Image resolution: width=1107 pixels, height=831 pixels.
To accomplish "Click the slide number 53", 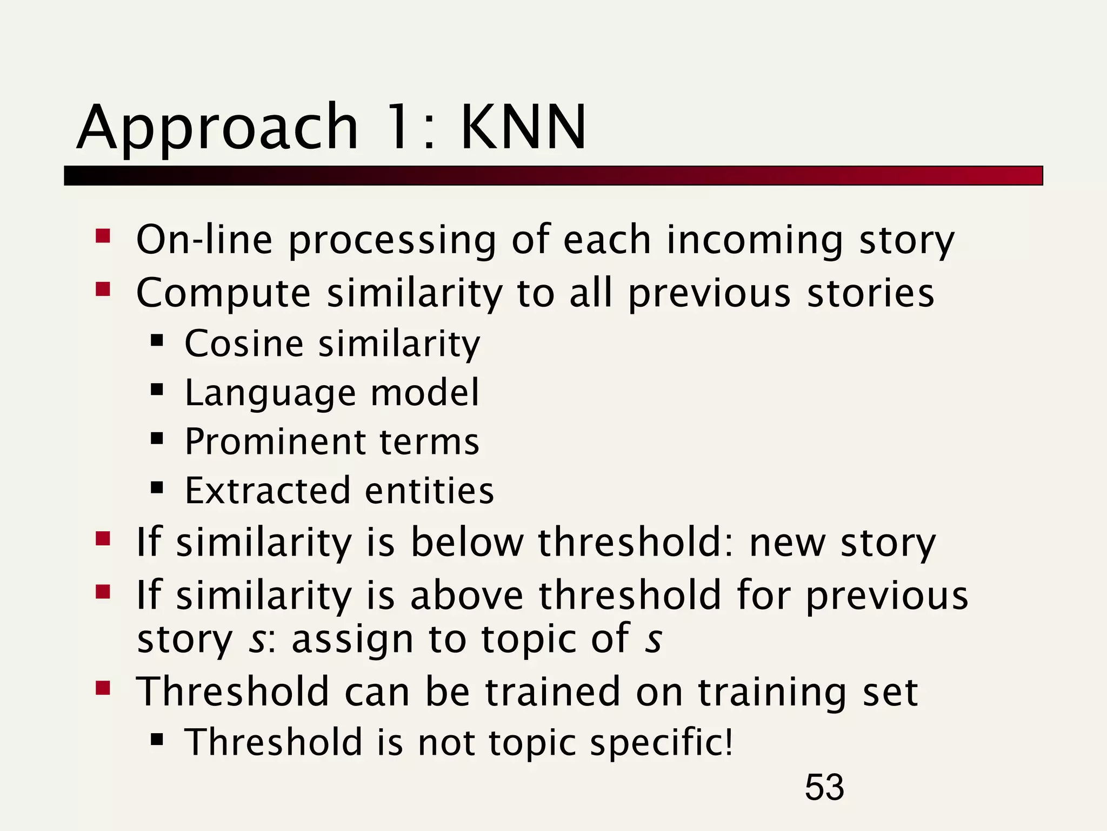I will pyautogui.click(x=824, y=787).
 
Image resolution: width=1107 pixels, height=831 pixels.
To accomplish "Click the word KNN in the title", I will pyautogui.click(x=523, y=128).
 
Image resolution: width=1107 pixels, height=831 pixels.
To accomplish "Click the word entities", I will pyautogui.click(x=430, y=491).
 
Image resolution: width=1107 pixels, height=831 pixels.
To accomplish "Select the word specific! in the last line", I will pyautogui.click(x=662, y=743).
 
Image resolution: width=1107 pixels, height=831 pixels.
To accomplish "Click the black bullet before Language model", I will pyautogui.click(x=157, y=390).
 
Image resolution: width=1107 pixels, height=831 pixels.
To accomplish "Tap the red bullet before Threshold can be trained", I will pyautogui.click(x=103, y=688).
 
